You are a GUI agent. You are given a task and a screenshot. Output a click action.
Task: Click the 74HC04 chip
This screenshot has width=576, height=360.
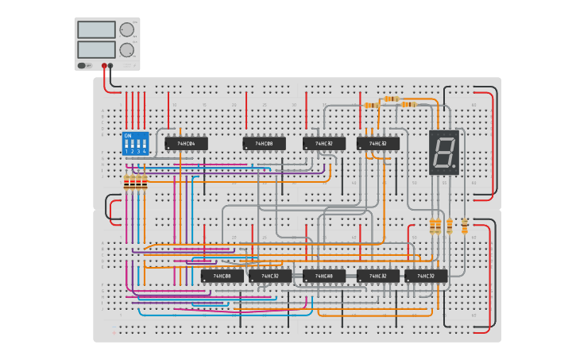186,144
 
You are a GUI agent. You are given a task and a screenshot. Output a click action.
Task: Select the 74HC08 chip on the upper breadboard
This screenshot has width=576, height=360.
264,144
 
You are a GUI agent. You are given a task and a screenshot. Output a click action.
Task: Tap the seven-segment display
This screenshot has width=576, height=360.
443,152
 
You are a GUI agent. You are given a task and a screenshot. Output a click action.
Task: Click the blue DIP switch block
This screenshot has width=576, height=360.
135,144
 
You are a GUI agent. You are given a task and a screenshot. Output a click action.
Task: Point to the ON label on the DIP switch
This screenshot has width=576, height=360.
127,135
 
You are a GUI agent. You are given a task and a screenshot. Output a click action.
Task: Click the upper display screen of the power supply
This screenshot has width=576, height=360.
96,29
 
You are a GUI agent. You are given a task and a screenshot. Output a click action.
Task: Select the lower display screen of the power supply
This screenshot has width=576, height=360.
96,49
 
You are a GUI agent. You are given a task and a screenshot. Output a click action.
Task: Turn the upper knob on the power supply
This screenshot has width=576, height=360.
126,29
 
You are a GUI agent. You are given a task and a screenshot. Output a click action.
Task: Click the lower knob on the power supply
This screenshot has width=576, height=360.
126,49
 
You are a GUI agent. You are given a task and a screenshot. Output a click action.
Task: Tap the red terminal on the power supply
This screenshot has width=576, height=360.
103,66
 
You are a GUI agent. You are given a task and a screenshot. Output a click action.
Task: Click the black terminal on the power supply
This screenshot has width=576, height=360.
110,66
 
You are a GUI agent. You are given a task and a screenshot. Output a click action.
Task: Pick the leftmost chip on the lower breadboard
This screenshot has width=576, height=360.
222,276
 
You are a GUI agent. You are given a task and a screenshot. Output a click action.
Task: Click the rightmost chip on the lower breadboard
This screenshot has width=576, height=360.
425,276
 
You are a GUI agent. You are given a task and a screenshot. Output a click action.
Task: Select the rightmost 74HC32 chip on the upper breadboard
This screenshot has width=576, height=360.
377,144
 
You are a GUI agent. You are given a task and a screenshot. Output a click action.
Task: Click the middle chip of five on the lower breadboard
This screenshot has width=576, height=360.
323,276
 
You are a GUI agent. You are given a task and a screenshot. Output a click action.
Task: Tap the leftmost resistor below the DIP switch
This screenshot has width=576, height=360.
126,183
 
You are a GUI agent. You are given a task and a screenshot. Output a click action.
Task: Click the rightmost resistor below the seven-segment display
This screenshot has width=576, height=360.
465,226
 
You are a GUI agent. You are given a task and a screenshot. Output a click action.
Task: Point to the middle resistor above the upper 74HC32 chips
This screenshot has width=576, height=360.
390,99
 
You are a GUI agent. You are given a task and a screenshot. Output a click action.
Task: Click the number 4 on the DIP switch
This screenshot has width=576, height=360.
145,151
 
